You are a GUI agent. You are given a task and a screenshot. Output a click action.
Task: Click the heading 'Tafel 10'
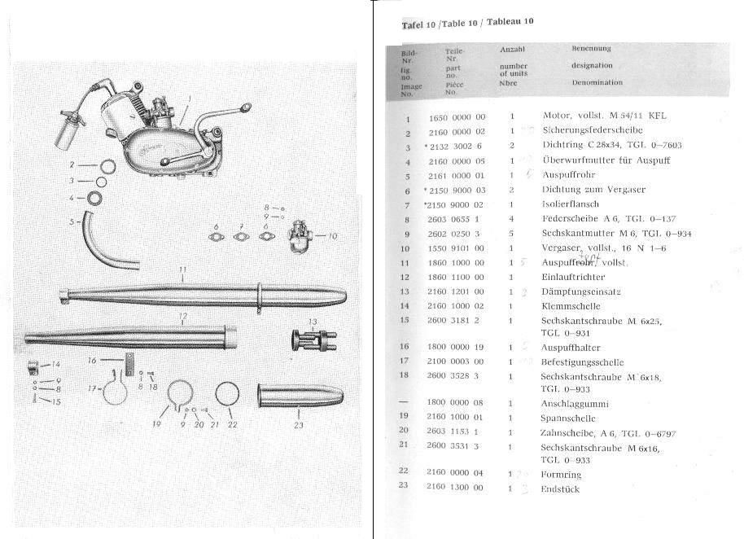(418, 24)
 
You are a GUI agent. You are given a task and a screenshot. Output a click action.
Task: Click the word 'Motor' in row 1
(555, 116)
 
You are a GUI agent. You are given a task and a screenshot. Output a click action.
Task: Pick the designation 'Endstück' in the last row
(560, 489)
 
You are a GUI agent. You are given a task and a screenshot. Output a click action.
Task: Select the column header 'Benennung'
(591, 49)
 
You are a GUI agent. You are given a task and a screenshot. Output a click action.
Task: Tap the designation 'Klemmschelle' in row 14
(571, 307)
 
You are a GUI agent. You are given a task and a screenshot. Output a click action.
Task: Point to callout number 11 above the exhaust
(183, 268)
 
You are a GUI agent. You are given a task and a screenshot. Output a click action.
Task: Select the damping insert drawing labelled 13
(307, 339)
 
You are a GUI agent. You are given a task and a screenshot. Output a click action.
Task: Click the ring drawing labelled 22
(229, 394)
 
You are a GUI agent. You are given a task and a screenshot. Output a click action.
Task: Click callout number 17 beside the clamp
(91, 388)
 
